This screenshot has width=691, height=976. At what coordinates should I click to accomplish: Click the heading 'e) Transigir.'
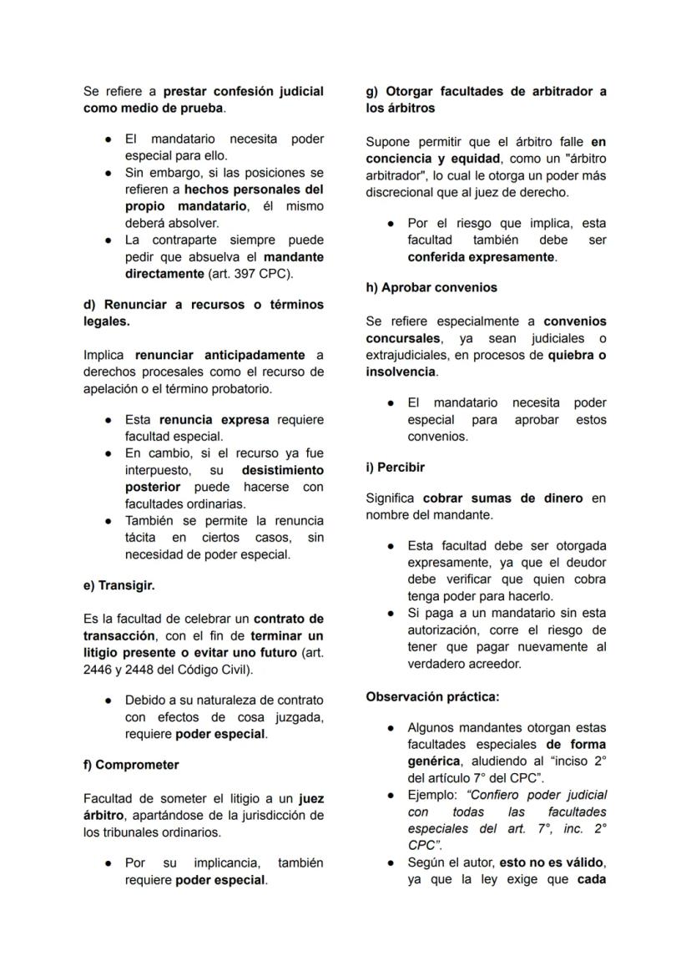coord(118,585)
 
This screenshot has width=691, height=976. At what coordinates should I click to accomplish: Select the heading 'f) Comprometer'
coord(131,765)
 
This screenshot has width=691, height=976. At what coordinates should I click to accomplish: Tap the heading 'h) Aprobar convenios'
coord(431,287)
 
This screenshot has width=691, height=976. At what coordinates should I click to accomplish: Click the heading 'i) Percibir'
coord(395,467)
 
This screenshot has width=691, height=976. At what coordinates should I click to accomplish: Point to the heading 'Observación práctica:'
coord(432,696)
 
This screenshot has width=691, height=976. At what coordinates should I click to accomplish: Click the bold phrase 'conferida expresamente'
coord(481,257)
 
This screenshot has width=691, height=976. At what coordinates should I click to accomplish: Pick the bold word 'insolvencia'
coord(401,372)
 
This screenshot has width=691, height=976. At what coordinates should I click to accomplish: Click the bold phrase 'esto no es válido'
coord(550,862)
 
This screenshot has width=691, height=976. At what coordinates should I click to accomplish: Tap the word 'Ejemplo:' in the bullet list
coord(431,795)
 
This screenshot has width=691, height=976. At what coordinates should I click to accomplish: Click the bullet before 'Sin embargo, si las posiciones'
coord(108,173)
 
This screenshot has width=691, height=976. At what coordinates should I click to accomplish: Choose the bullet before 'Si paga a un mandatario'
coord(391,614)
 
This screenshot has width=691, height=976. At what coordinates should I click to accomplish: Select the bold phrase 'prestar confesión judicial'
coord(243,91)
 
